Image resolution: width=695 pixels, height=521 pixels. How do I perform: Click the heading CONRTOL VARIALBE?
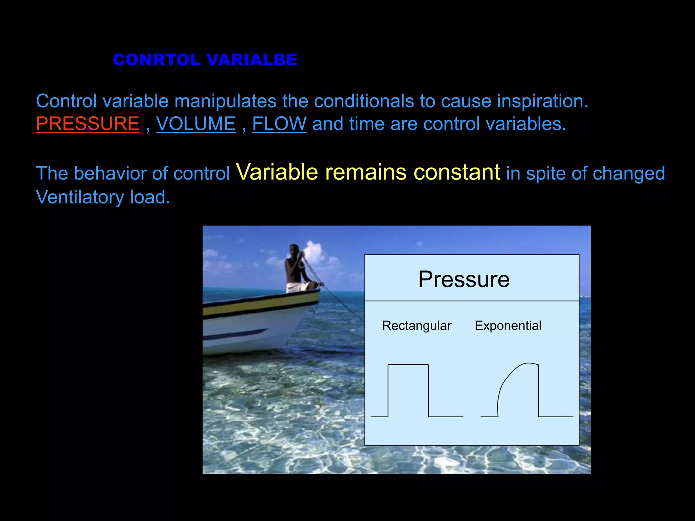[205, 60]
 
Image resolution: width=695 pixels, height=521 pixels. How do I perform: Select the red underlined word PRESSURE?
[88, 124]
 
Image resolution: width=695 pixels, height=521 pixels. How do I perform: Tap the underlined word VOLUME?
[196, 124]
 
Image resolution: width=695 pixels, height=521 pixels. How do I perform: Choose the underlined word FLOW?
[279, 124]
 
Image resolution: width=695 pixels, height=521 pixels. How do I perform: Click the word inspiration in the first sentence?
[542, 101]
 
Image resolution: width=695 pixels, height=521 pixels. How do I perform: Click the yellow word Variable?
[277, 172]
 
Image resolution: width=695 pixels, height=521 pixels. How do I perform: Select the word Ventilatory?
[80, 197]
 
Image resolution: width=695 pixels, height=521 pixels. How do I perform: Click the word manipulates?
[225, 101]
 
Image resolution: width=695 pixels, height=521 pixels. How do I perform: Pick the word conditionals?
[364, 101]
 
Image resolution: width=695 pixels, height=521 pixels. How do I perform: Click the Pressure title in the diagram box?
[464, 279]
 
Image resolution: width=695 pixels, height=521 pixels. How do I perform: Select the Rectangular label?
[416, 326]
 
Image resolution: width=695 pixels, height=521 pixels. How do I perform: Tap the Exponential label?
[508, 326]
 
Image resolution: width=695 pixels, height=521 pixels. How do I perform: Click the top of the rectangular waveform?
[408, 365]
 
